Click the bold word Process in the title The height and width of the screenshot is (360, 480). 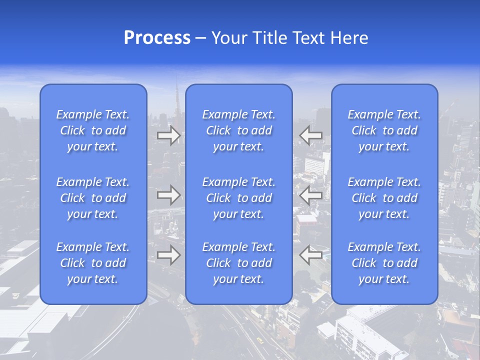coord(157,38)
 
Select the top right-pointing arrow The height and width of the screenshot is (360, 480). coord(168,135)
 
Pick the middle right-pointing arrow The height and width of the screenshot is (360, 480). coord(168,194)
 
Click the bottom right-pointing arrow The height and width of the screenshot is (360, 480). coord(168,254)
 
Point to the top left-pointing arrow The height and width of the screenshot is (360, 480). coord(310,135)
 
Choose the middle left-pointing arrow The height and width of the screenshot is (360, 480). coord(310,194)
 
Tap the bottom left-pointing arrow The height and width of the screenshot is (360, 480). coord(310,254)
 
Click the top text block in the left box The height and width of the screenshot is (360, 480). coord(93,130)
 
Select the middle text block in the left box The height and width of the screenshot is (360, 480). coord(93,198)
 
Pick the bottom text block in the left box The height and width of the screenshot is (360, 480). coord(93,263)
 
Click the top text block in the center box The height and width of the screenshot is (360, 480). coord(238,130)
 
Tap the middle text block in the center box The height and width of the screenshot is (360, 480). coord(238,198)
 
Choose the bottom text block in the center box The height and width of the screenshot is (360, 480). coord(238,263)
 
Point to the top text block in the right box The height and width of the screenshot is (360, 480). coord(384,130)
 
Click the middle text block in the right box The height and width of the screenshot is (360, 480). coord(384,198)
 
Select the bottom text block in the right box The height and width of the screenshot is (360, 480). coord(384,263)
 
